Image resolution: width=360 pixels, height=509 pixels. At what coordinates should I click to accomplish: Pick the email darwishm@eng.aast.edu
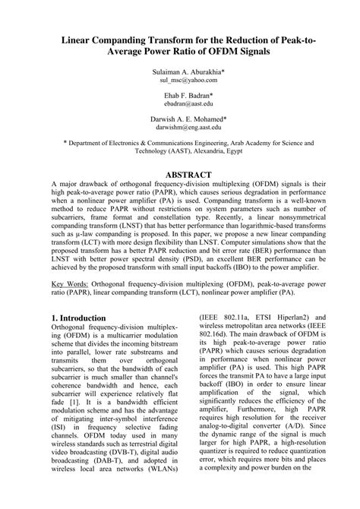[179, 128]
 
